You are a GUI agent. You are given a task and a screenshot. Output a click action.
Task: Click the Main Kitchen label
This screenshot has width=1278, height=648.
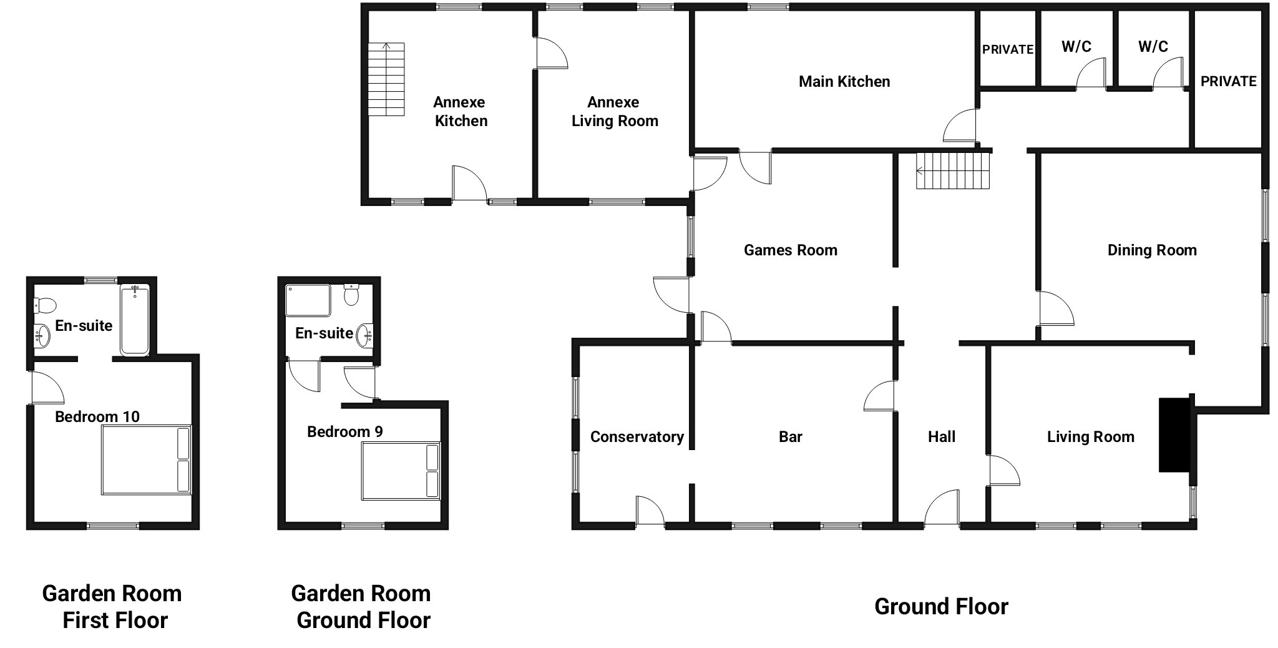(844, 81)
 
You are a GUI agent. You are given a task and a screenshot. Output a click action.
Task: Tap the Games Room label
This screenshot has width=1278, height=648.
(791, 250)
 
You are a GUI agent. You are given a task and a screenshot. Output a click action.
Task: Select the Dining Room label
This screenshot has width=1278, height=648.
(1152, 250)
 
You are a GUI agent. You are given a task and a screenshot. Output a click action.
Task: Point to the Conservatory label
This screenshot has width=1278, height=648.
(637, 437)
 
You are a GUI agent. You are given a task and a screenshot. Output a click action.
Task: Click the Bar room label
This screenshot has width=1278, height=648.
(791, 437)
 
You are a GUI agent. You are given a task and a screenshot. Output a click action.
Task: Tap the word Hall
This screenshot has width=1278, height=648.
(942, 437)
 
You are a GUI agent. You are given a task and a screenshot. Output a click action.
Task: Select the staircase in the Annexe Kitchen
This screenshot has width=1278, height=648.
(386, 79)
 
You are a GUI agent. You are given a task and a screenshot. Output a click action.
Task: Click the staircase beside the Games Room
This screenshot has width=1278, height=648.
(953, 170)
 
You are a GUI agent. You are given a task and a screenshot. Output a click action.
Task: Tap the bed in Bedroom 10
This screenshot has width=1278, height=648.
(146, 461)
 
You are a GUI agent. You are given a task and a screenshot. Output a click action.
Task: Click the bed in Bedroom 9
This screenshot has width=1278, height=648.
(401, 471)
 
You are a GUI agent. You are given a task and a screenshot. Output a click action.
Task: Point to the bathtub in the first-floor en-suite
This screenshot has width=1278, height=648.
(135, 320)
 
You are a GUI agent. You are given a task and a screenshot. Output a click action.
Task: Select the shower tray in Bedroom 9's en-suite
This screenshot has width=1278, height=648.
(308, 300)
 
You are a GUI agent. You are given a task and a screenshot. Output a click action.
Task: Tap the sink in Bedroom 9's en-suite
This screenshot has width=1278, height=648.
(365, 336)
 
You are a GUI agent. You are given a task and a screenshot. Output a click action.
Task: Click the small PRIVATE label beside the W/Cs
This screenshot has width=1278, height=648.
(1008, 49)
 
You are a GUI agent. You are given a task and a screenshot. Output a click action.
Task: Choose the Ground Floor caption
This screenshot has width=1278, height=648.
(941, 606)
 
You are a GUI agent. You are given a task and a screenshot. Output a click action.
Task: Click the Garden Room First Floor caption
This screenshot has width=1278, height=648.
(112, 607)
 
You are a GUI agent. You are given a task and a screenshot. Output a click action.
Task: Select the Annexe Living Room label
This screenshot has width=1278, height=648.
(615, 112)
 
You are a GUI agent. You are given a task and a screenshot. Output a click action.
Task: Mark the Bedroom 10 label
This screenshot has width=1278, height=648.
(97, 417)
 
